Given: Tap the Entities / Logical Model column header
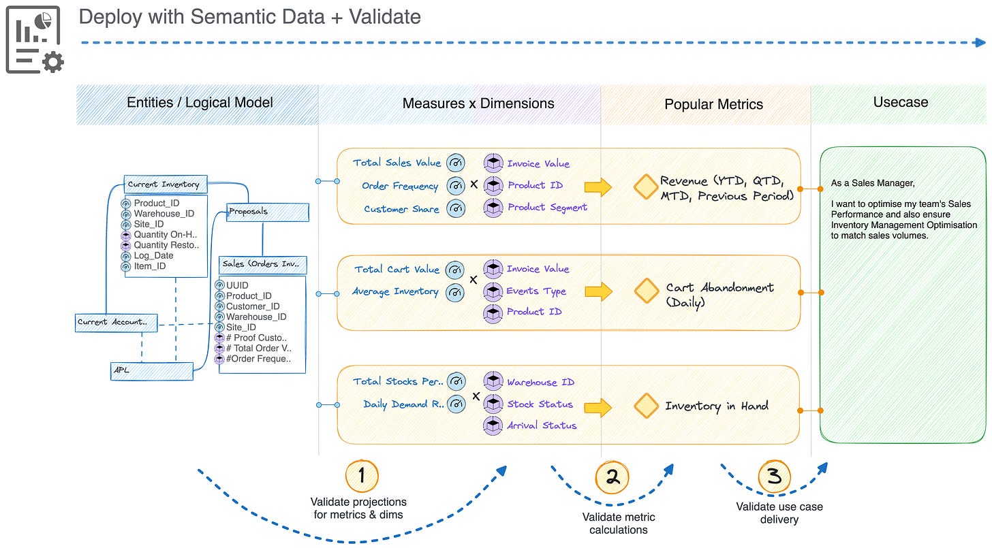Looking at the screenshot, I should click(x=200, y=103).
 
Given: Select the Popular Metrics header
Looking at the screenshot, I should click(x=713, y=104).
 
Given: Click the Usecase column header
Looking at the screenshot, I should click(x=901, y=102).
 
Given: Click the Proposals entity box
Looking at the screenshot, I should click(x=267, y=212).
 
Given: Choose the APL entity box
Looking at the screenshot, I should click(x=151, y=371).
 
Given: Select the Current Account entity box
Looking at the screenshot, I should click(x=117, y=322).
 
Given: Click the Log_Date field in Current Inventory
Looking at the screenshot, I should click(x=153, y=256).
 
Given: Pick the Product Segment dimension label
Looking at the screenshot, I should click(x=547, y=207).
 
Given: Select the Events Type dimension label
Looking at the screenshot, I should click(x=536, y=291).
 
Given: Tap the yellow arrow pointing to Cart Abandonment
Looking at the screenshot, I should click(x=598, y=291).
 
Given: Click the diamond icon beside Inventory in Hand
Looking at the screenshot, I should click(x=645, y=406).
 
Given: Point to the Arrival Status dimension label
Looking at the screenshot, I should click(x=542, y=425).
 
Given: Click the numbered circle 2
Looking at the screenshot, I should click(x=613, y=477).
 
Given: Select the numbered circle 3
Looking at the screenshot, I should click(x=774, y=476).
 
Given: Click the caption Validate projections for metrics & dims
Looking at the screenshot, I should click(x=358, y=508).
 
